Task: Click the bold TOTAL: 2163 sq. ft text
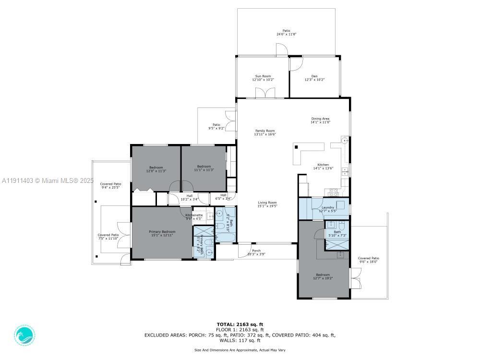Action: pos(240,324)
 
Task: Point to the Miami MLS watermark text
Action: pos(47,181)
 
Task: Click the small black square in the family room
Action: pos(296,147)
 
